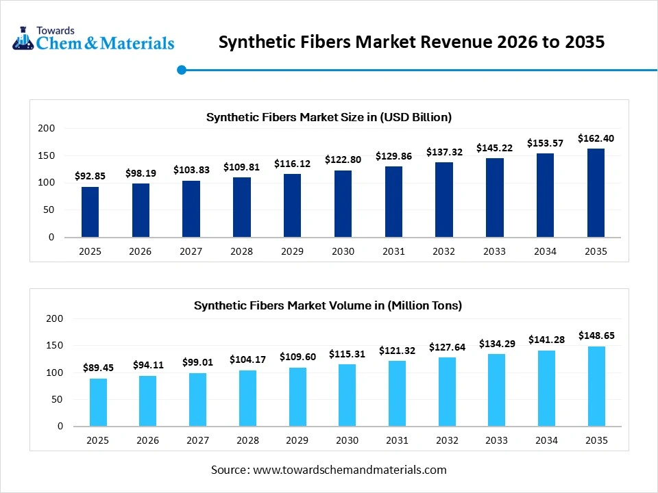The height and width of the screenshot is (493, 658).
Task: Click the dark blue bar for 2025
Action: (90, 212)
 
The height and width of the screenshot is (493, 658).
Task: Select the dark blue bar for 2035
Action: (596, 193)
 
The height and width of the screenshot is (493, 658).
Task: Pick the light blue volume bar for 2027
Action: (197, 399)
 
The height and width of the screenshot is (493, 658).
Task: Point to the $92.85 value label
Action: (90, 177)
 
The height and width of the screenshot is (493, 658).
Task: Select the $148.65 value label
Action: (596, 336)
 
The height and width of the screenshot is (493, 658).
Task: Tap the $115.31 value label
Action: (348, 353)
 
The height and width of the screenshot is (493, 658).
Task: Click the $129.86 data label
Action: (393, 156)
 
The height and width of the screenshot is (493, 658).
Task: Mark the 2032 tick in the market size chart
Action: (444, 251)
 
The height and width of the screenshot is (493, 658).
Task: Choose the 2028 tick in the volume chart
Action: (247, 440)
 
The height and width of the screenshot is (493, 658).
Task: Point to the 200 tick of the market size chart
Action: (47, 128)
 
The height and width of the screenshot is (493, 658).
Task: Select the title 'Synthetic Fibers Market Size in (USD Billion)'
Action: (329, 117)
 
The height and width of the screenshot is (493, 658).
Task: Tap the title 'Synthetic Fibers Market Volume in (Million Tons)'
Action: (328, 305)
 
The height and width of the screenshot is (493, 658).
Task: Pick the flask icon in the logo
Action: (23, 39)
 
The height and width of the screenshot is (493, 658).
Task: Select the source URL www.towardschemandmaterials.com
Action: (350, 470)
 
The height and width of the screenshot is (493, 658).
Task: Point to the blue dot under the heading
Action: (182, 69)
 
